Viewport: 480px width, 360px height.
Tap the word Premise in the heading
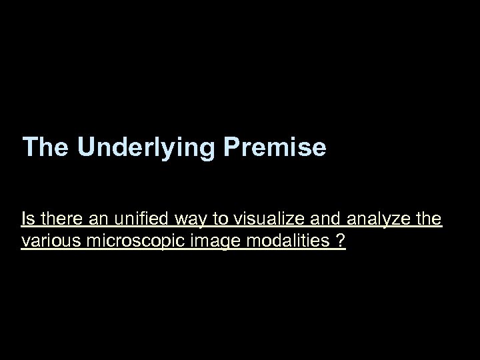275,147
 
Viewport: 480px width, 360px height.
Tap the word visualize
257,219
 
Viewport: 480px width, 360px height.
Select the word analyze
374,220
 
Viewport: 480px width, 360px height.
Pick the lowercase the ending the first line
428,219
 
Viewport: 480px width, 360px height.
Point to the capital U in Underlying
85,147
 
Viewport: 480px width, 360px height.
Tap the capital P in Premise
231,147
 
